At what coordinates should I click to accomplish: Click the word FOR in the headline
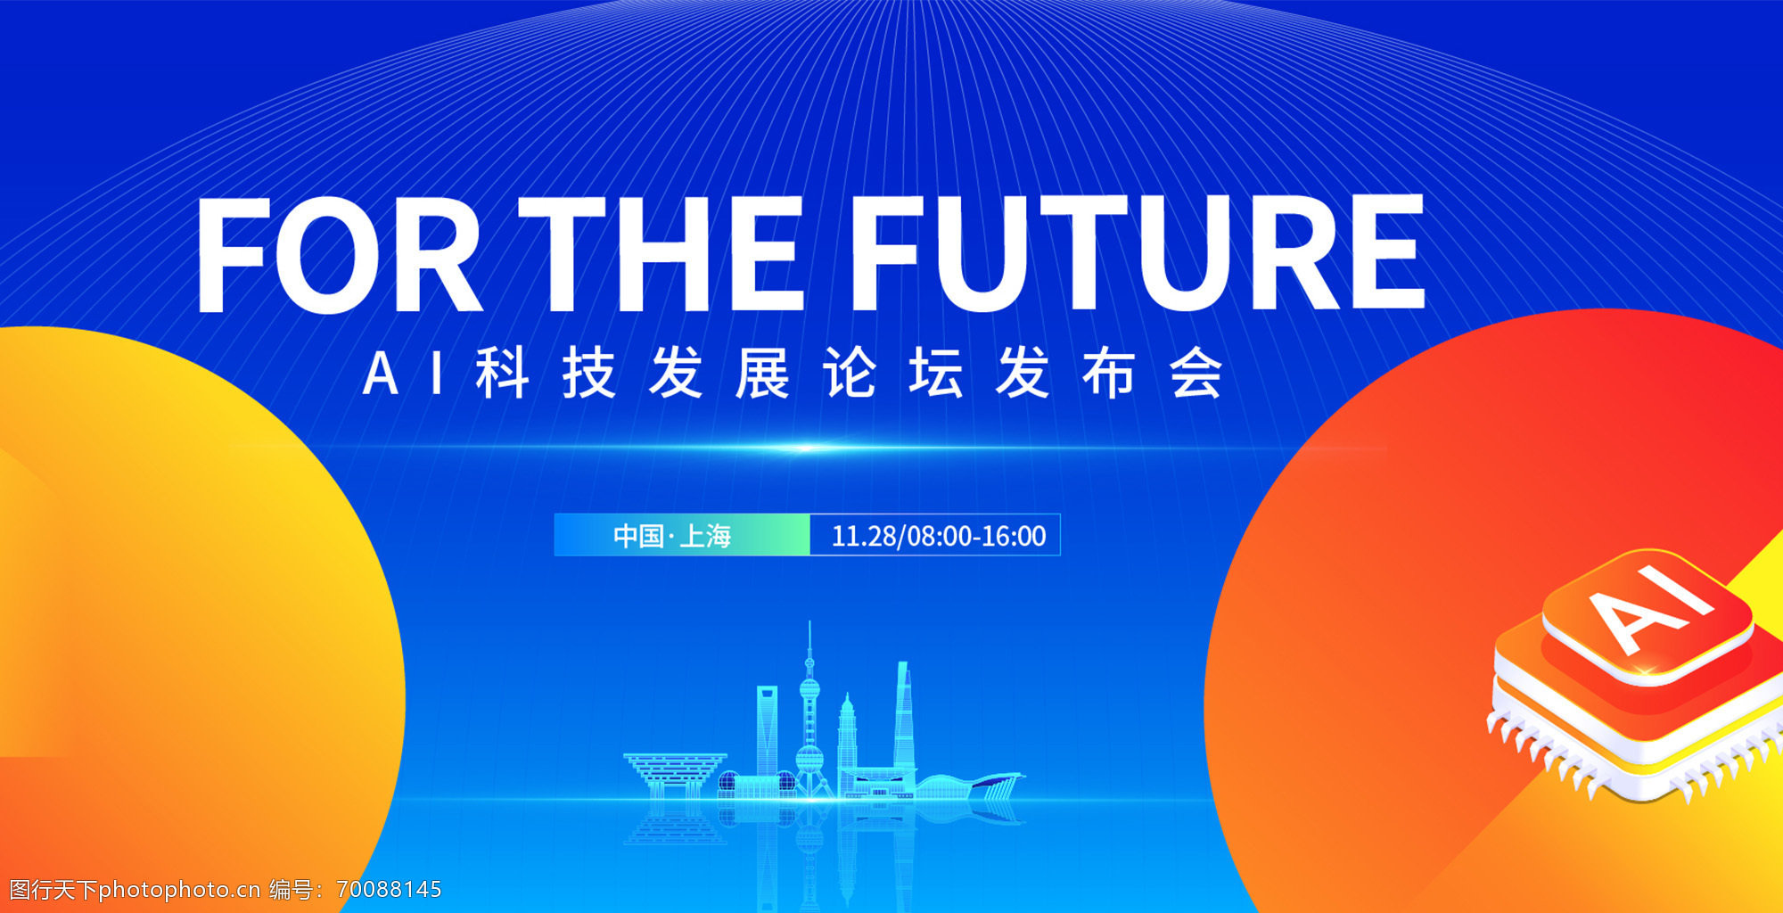click(340, 255)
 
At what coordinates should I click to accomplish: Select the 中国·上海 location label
click(672, 536)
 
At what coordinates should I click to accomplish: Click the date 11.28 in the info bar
click(864, 536)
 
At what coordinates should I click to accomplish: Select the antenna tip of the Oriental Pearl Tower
click(809, 621)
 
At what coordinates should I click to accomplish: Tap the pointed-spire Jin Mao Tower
click(847, 744)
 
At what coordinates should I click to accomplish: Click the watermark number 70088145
click(389, 890)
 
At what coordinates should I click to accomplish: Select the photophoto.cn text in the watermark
click(179, 890)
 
